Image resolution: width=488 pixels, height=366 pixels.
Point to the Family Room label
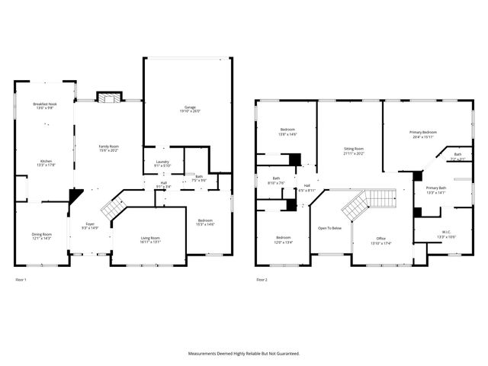108,146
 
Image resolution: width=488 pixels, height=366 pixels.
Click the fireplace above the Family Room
109,98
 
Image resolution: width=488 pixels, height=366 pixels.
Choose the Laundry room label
162,162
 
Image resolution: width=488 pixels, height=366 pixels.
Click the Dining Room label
42,234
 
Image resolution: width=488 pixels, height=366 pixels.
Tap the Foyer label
89,223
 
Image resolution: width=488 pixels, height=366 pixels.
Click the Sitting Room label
353,149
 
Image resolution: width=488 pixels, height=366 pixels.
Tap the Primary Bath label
436,188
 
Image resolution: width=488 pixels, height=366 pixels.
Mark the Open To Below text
329,228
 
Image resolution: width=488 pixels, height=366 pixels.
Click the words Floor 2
262,280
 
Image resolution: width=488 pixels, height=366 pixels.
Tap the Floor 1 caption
21,280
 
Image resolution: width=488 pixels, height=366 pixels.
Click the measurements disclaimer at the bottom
244,353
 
